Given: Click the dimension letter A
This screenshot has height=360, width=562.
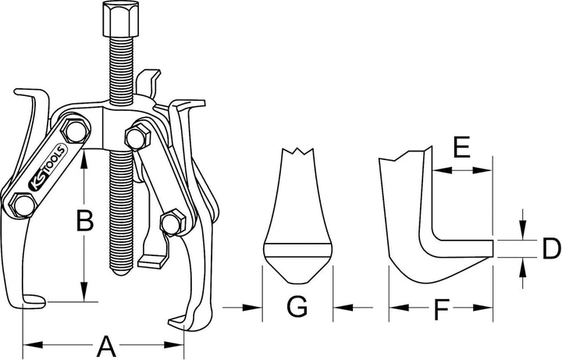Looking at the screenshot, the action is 106,346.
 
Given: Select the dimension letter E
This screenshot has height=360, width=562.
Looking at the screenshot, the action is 461,147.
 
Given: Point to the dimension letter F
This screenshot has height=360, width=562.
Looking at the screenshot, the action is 441,310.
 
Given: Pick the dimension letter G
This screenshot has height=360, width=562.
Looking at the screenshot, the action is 297,307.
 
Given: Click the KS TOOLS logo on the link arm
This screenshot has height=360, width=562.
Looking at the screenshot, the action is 47,167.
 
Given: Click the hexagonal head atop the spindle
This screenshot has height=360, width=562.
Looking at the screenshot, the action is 121,19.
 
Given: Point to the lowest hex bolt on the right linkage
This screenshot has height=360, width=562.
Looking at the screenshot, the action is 173,223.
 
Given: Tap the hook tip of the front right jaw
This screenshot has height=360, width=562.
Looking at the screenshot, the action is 170,320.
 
